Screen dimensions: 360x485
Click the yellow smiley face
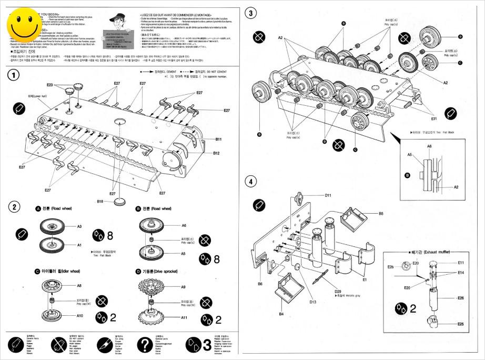coord(24,25)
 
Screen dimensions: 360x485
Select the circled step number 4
coord(251,182)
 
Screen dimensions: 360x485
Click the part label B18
coord(100,201)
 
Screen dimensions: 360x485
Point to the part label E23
coord(50,85)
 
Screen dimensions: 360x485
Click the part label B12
coord(216,153)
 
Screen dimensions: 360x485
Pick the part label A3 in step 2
coord(80,226)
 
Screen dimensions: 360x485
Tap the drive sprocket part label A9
coord(184,287)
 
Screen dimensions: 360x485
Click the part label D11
coord(328,195)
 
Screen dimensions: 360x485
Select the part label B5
coord(381,213)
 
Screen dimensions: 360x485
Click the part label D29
coord(339,290)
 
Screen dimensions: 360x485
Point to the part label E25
coord(461,324)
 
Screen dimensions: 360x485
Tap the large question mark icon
coord(145,345)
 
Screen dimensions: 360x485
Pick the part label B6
coord(260,284)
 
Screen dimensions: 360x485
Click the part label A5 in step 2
coord(184,253)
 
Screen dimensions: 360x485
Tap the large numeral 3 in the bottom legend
coord(207,345)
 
